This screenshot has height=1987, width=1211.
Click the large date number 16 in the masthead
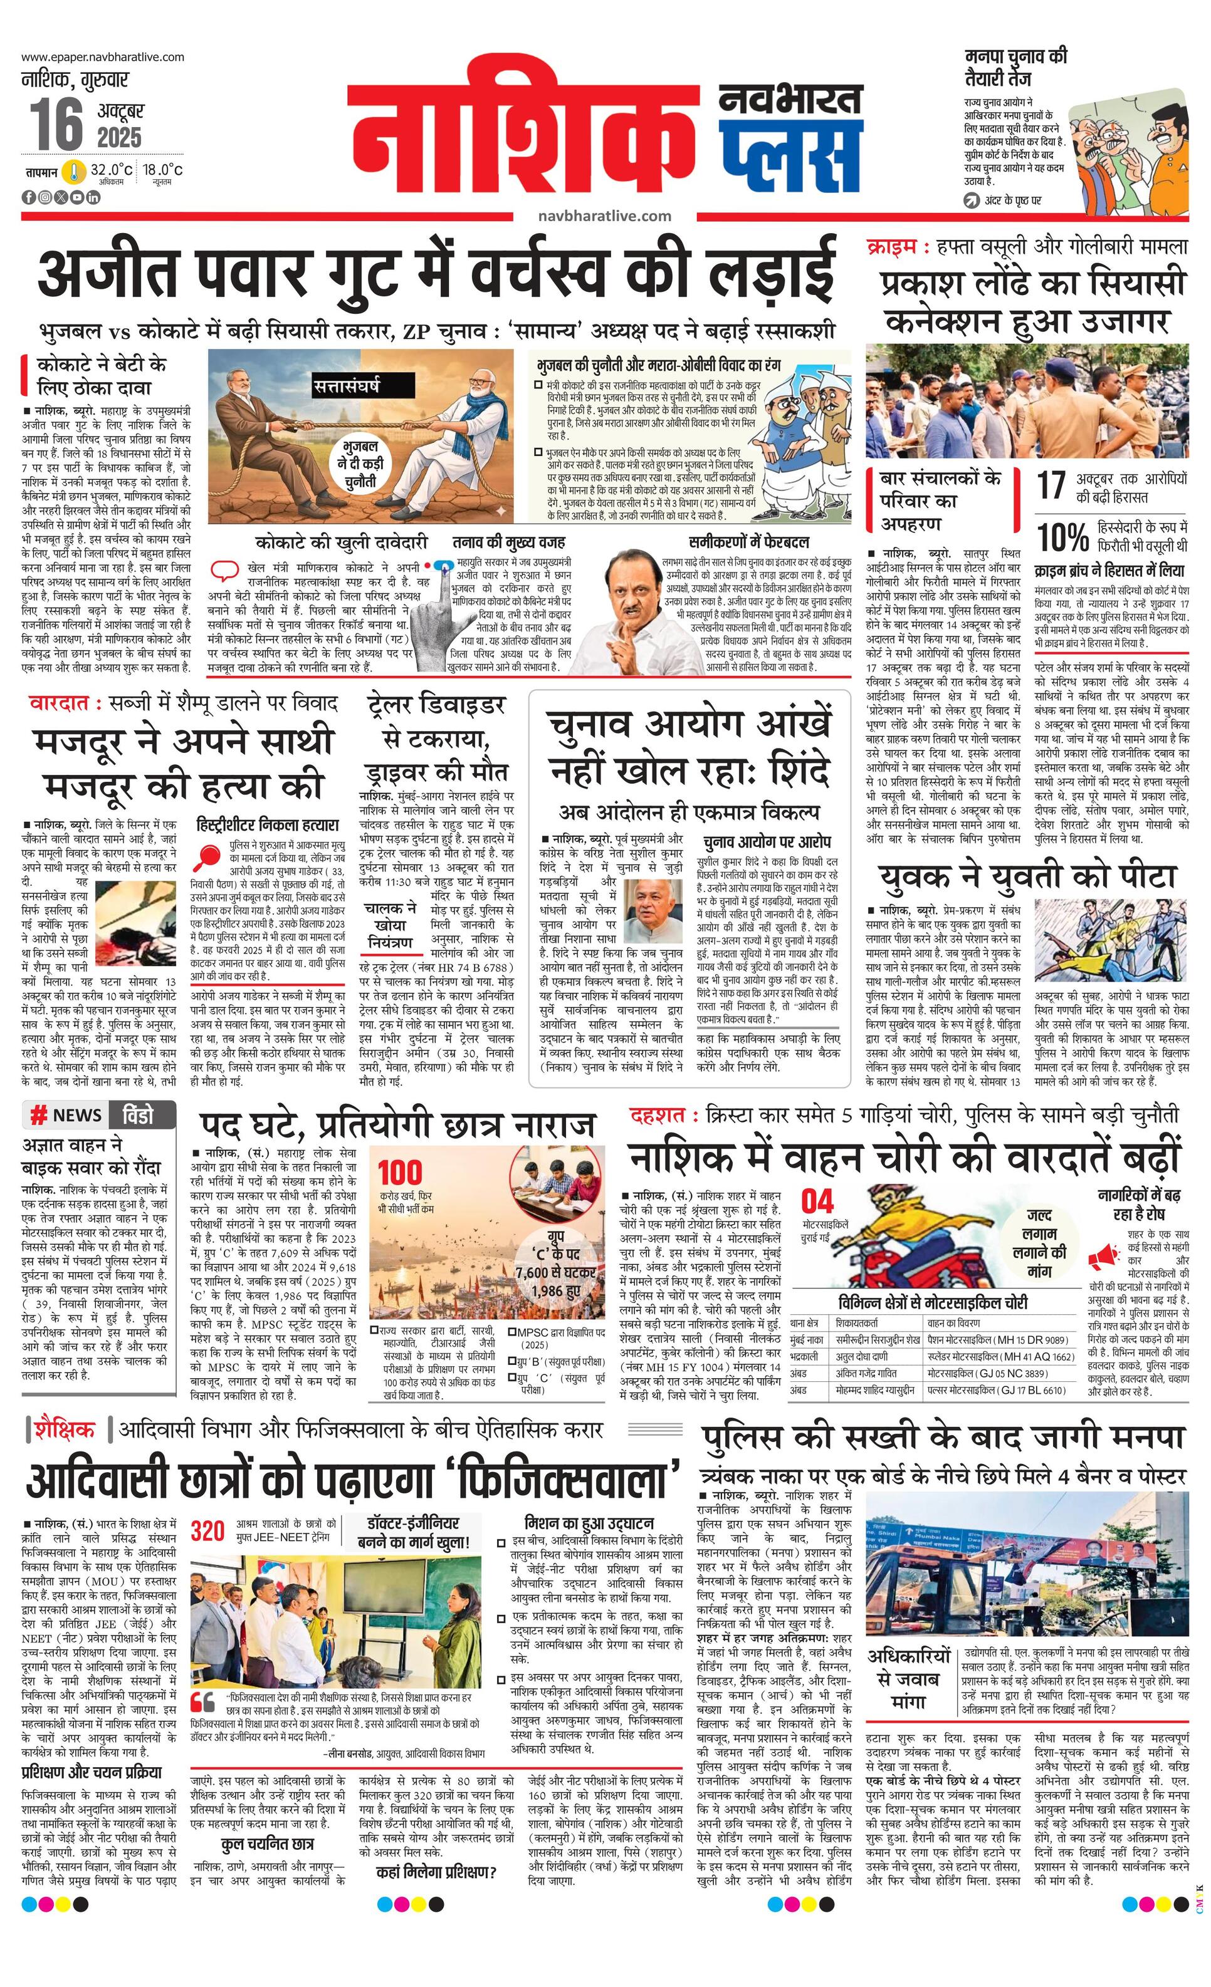[x=57, y=123]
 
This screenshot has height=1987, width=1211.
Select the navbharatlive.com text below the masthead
[x=604, y=215]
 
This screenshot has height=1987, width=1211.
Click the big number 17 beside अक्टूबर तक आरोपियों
[x=1051, y=487]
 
